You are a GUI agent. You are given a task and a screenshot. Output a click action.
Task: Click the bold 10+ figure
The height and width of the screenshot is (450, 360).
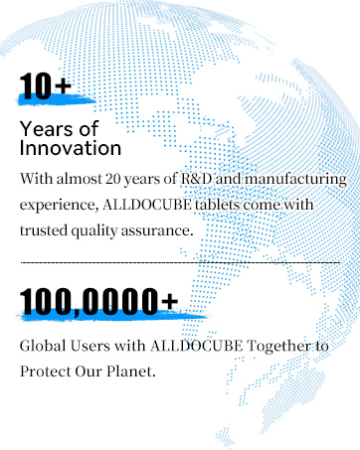[46, 86]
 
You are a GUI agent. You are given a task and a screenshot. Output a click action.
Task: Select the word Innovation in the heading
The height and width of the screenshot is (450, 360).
[71, 148]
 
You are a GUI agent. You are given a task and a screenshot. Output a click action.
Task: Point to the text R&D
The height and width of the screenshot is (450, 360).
[196, 179]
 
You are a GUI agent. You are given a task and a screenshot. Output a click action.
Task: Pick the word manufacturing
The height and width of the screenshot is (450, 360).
[295, 180]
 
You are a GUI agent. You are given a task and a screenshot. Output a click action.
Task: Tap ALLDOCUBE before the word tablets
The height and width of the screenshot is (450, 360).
[147, 205]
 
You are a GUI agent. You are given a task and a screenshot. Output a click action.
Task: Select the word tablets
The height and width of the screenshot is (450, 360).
[217, 205]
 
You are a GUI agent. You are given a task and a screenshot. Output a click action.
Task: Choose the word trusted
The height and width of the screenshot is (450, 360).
[44, 230]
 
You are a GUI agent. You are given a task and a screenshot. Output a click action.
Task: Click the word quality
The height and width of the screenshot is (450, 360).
[94, 230]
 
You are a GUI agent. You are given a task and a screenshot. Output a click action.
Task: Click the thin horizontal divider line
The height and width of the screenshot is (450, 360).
[180, 262]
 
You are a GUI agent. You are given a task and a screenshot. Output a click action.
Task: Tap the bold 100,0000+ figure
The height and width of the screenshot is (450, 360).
[98, 301]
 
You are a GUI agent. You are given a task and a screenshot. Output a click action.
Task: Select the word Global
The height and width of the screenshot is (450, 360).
[43, 346]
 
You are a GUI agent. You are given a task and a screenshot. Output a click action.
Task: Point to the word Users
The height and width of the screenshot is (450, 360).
[90, 346]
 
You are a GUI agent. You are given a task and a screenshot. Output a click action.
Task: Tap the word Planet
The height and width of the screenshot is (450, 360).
[131, 372]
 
